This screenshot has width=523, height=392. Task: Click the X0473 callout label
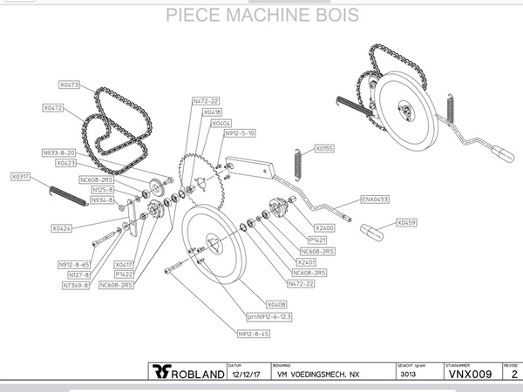click(70, 85)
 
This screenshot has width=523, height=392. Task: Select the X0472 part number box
click(53, 108)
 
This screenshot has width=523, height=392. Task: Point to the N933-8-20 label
click(58, 152)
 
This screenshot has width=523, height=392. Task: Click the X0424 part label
click(61, 228)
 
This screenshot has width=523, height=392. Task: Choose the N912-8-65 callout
click(74, 264)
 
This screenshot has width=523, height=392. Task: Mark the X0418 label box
click(212, 112)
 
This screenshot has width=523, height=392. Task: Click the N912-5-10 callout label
click(240, 133)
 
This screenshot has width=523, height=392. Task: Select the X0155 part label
click(324, 149)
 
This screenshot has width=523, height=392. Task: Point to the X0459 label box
click(406, 222)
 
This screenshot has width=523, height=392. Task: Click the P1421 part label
click(317, 240)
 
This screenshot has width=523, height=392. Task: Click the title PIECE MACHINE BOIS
click(261, 16)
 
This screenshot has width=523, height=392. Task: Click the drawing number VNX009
click(470, 374)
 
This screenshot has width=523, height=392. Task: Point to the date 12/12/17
click(240, 375)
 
